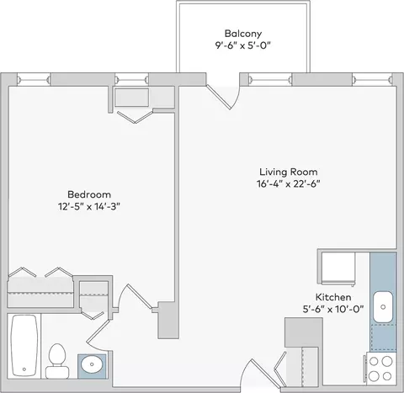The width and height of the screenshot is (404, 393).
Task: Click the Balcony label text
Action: click(243, 34)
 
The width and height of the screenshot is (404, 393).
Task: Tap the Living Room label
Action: click(289, 172)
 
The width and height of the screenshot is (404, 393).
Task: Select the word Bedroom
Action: click(89, 194)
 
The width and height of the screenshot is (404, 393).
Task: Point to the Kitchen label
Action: click(333, 297)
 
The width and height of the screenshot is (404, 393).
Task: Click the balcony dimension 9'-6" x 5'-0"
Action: click(243, 45)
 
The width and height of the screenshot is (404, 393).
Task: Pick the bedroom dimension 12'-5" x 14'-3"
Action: click(89, 207)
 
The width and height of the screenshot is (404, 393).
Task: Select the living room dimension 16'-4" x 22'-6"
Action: click(289, 184)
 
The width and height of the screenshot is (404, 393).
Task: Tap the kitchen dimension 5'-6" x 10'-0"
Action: click(333, 310)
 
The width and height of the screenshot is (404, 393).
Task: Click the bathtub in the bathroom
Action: click(24, 346)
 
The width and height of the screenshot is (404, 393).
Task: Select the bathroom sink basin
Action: click(92, 364)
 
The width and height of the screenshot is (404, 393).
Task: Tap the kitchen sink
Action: click(383, 307)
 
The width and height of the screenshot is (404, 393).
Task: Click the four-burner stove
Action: click(380, 369)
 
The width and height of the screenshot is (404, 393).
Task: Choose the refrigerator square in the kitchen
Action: click(338, 268)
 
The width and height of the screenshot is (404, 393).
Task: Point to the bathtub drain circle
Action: click(24, 369)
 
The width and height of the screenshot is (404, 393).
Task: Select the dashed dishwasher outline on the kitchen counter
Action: click(383, 337)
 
